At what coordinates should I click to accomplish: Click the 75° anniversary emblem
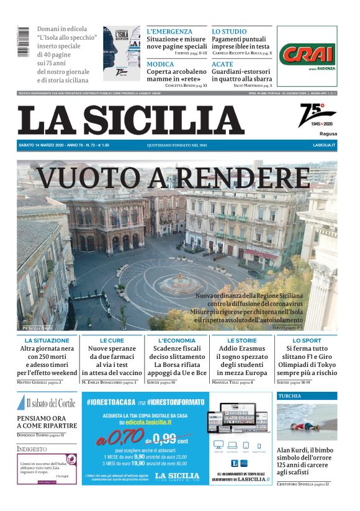[x=317, y=114]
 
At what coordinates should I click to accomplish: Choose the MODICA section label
[x=160, y=64]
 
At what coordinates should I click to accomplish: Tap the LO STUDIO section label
[x=229, y=31]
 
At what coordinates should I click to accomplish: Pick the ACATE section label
[x=222, y=64]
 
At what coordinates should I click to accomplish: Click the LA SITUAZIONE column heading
[x=47, y=341]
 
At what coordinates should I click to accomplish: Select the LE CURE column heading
[x=112, y=341]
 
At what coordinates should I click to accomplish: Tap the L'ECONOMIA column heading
[x=177, y=341]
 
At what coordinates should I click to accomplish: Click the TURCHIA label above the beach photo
[x=290, y=396]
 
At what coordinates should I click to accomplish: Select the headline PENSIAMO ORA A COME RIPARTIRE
[x=47, y=422]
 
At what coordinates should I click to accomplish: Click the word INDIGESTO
[x=32, y=448]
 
